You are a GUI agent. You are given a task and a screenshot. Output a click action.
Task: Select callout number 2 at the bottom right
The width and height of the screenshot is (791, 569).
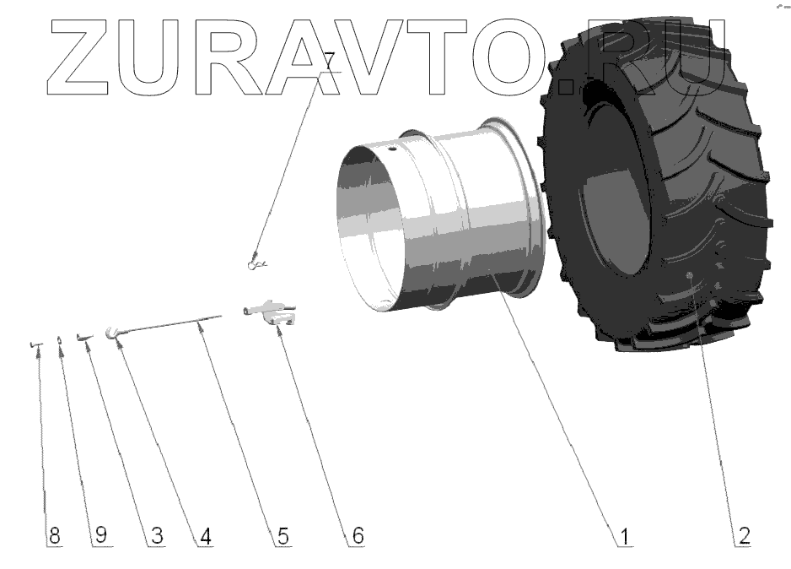(744, 535)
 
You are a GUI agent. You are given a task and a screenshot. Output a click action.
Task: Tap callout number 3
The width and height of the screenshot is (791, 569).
(156, 535)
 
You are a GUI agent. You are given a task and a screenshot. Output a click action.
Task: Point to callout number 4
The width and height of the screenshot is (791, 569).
(204, 535)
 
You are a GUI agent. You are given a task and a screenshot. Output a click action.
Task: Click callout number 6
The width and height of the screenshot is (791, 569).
(357, 535)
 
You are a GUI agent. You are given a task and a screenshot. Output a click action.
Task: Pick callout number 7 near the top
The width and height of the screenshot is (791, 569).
(328, 61)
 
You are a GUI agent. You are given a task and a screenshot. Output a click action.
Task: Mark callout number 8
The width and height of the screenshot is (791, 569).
(54, 535)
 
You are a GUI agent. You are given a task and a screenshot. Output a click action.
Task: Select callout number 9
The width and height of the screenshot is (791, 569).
(101, 535)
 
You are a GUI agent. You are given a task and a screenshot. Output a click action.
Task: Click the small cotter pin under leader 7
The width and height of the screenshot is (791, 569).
(257, 265)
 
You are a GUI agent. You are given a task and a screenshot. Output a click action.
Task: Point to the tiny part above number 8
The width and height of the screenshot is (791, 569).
(35, 344)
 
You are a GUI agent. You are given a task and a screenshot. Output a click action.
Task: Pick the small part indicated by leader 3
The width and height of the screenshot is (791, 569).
(83, 339)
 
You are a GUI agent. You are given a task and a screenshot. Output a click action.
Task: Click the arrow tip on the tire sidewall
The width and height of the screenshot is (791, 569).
(690, 276)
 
